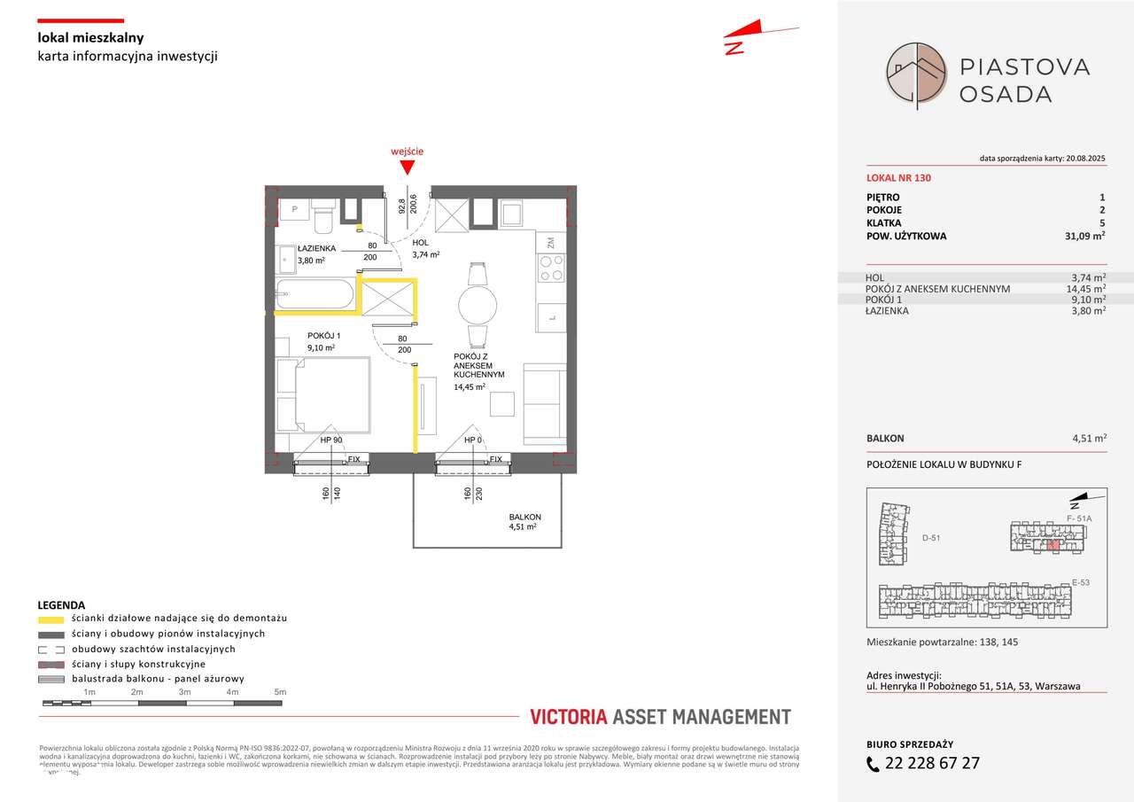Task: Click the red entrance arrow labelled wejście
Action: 407,167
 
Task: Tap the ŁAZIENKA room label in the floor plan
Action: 316,248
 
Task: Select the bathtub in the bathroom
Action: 315,293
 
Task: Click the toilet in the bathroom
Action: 322,212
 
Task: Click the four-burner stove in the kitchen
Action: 552,268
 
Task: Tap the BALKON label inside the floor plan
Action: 524,517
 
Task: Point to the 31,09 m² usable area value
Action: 1085,237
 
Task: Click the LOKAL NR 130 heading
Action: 898,178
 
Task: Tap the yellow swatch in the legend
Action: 51,619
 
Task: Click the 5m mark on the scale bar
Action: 279,691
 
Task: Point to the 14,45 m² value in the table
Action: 1086,289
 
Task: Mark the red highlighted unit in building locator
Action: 1053,545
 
